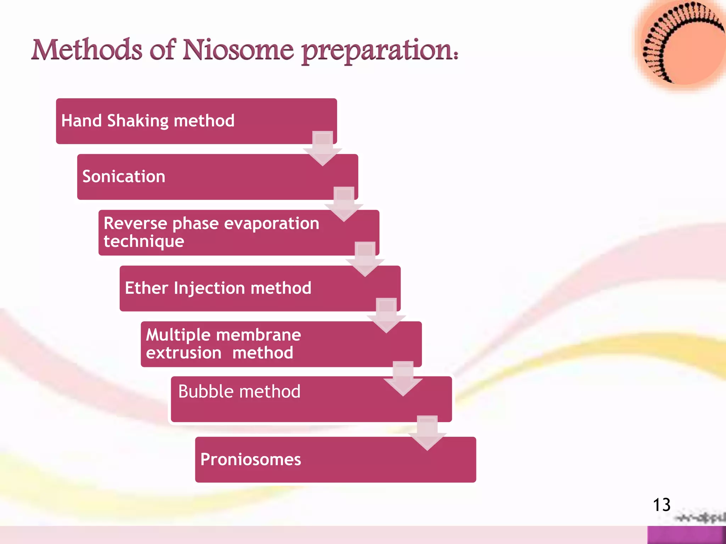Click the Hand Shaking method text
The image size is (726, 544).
148,121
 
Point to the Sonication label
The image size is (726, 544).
124,176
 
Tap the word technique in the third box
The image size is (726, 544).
144,242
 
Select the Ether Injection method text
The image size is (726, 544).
218,288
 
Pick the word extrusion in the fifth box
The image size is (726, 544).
184,353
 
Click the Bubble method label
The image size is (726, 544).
239,392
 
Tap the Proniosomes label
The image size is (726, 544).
251,459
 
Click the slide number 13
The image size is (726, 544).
661,505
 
